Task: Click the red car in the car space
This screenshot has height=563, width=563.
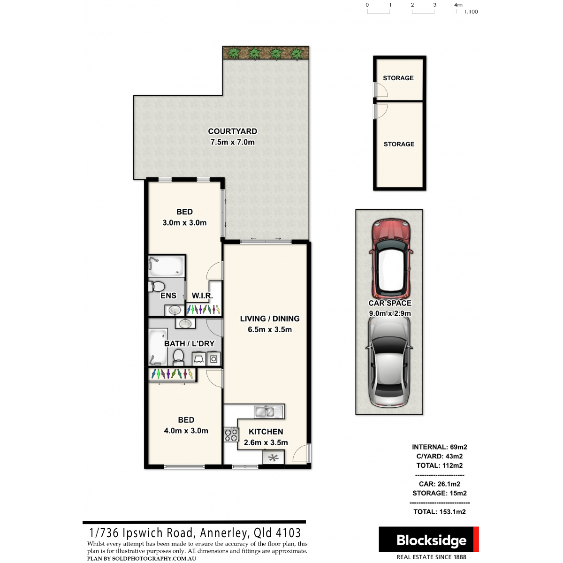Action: (390, 259)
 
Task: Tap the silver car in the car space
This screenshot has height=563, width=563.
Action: (389, 362)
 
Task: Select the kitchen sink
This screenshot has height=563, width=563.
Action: (268, 411)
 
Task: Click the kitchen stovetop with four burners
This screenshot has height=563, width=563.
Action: (231, 434)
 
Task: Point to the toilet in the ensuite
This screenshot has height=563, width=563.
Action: (157, 286)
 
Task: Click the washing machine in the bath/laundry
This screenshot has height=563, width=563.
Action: (213, 358)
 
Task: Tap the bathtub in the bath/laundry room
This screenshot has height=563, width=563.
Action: (158, 347)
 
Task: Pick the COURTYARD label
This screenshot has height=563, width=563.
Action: (232, 131)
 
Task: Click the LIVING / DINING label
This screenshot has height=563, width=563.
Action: (270, 319)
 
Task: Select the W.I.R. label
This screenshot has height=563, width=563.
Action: (202, 296)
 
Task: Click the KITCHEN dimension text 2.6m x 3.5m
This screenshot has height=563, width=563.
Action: (266, 442)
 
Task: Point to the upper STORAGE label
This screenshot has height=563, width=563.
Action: (398, 78)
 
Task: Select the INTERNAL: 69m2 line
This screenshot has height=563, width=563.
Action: (440, 447)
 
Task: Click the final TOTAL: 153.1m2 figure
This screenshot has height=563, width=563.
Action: (440, 511)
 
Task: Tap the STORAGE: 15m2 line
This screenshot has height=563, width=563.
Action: (440, 493)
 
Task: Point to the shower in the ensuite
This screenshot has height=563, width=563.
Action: (167, 266)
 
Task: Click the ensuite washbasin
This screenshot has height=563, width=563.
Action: (175, 310)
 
